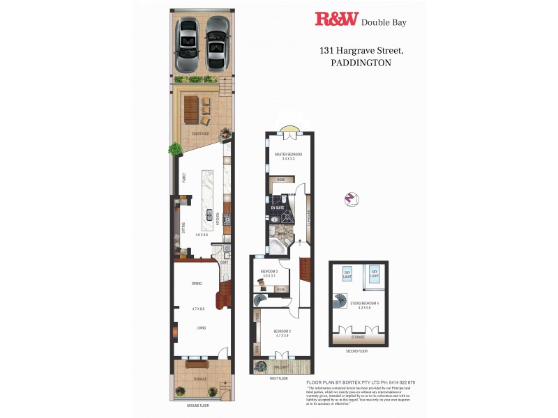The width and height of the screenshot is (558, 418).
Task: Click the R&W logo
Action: pyautogui.click(x=335, y=20)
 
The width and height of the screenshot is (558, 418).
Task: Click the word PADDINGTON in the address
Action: pyautogui.click(x=361, y=62)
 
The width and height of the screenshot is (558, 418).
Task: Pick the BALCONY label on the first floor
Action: pyautogui.click(x=281, y=366)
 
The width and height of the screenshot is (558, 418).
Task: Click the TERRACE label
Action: pyautogui.click(x=199, y=378)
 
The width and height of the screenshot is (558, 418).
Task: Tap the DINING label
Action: pyautogui.click(x=197, y=283)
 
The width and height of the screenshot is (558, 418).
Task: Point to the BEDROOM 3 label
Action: pyautogui.click(x=269, y=271)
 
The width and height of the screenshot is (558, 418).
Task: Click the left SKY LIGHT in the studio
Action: pyautogui.click(x=347, y=274)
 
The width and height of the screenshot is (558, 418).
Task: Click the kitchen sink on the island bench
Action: pyautogui.click(x=209, y=213)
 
